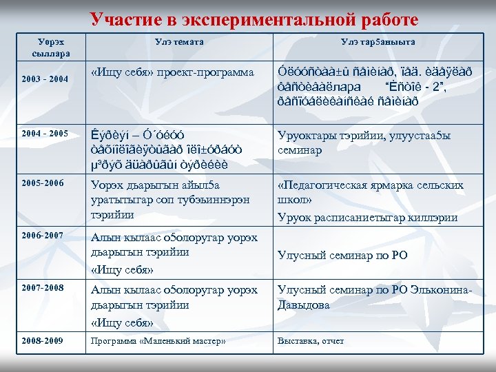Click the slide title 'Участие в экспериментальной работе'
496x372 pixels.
[x=254, y=19]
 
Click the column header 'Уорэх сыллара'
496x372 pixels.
[x=48, y=48]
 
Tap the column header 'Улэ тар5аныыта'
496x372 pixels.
[x=377, y=43]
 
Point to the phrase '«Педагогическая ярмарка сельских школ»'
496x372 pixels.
[x=370, y=193]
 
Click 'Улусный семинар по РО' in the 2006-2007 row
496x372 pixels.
[x=342, y=255]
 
